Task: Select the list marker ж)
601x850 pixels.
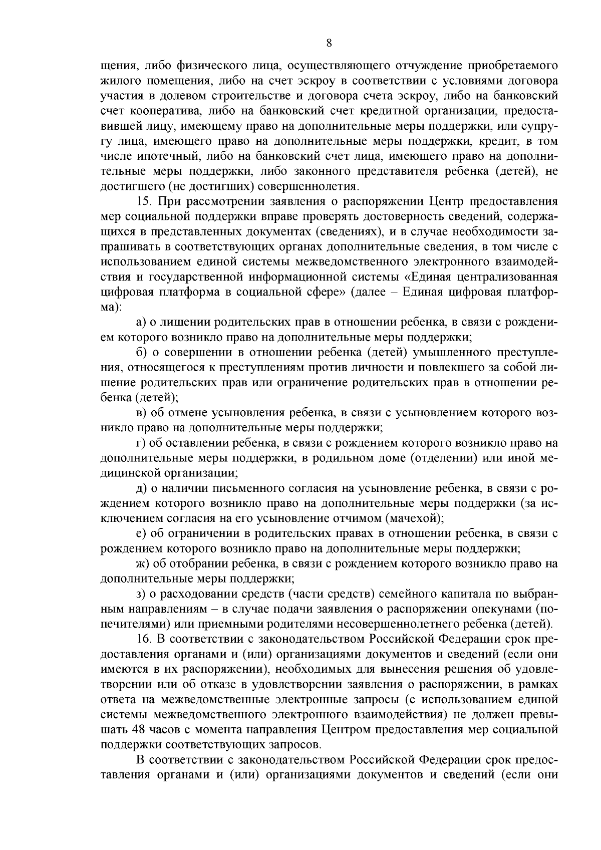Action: click(x=142, y=563)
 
